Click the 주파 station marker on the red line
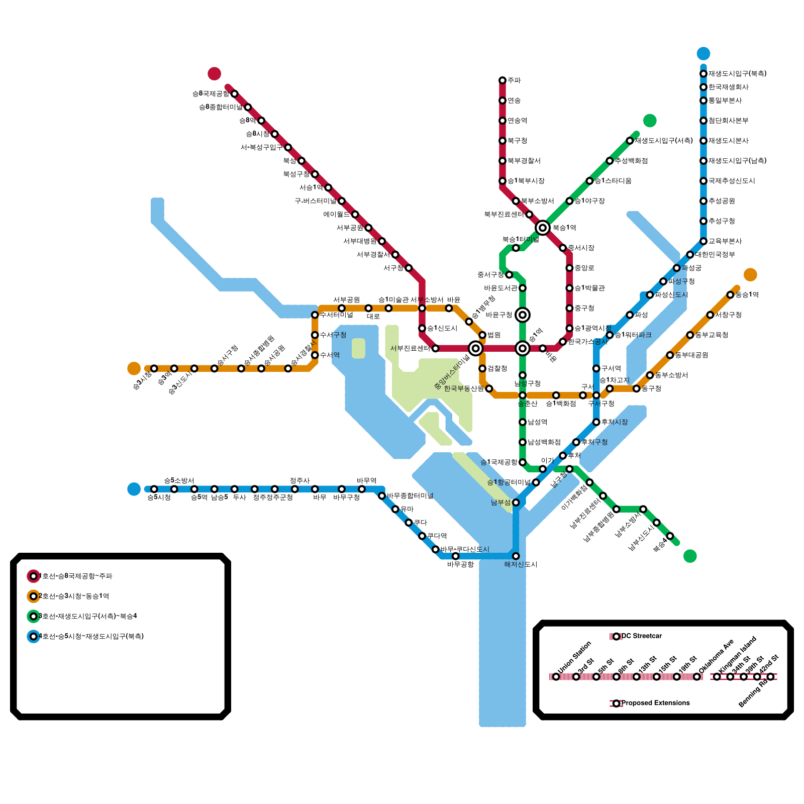pyautogui.click(x=502, y=80)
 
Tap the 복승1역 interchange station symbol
pyautogui.click(x=542, y=228)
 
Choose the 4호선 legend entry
pyautogui.click(x=85, y=636)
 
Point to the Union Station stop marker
pyautogui.click(x=556, y=677)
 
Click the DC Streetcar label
pyautogui.click(x=642, y=636)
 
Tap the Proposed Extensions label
pyautogui.click(x=655, y=703)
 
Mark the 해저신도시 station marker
pyautogui.click(x=516, y=556)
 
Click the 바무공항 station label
pyautogui.click(x=460, y=564)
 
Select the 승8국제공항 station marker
pyautogui.click(x=234, y=94)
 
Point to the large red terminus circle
pyautogui.click(x=215, y=73)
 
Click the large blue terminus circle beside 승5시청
pyautogui.click(x=134, y=489)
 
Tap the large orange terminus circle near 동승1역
pyautogui.click(x=750, y=275)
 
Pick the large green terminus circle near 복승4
pyautogui.click(x=690, y=556)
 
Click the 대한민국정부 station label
pyautogui.click(x=715, y=255)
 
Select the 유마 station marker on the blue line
pyautogui.click(x=395, y=509)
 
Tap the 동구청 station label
pyautogui.click(x=651, y=388)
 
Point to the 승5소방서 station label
pyautogui.click(x=179, y=481)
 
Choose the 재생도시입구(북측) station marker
pyautogui.click(x=703, y=74)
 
